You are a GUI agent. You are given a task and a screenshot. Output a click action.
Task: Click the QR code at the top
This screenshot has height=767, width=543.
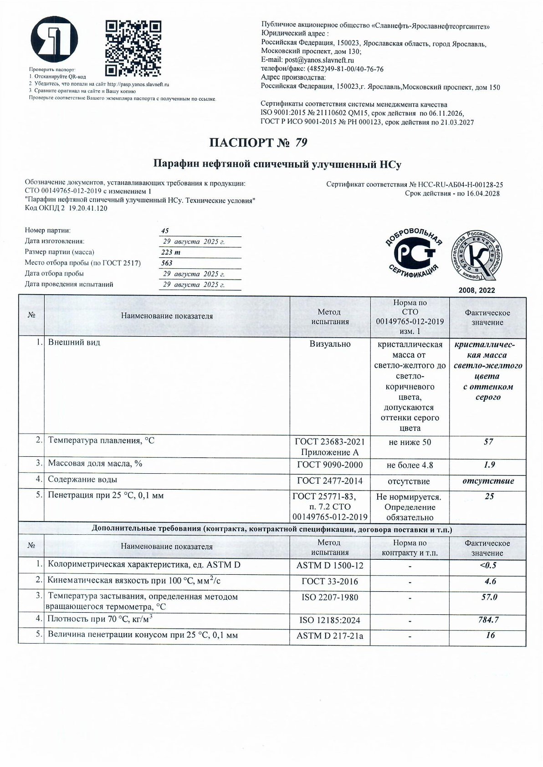[133, 48]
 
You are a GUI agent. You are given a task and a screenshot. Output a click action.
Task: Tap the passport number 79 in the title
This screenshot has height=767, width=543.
[301, 143]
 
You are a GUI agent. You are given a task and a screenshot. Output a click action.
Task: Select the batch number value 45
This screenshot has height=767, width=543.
[165, 231]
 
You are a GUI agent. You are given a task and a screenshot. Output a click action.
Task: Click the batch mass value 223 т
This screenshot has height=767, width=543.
[171, 252]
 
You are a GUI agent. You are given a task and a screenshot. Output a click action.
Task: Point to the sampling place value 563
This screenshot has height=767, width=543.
[167, 263]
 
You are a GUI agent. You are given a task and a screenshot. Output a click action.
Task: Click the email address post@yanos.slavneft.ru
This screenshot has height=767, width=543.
[319, 60]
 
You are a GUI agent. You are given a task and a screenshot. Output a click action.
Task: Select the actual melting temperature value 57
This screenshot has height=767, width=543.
[488, 442]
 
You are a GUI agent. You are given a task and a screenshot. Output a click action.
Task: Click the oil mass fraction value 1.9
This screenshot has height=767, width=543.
[489, 465]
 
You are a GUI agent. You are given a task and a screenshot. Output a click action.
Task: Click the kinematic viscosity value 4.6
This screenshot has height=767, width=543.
[490, 581]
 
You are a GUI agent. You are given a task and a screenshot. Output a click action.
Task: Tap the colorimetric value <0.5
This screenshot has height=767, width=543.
[488, 565]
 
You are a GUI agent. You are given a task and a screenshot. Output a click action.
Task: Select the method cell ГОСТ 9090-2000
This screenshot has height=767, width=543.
[330, 465]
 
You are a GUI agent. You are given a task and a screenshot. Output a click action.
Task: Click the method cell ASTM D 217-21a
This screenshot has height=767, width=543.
[330, 635]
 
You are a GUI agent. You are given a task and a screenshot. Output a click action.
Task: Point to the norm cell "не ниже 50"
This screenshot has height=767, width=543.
[410, 442]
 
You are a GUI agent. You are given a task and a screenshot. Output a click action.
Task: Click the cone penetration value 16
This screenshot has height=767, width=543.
[490, 635]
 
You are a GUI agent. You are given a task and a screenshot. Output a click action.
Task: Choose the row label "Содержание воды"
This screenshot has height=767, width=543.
[82, 480]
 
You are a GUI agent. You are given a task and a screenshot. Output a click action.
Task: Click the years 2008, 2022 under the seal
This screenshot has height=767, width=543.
[476, 290]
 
